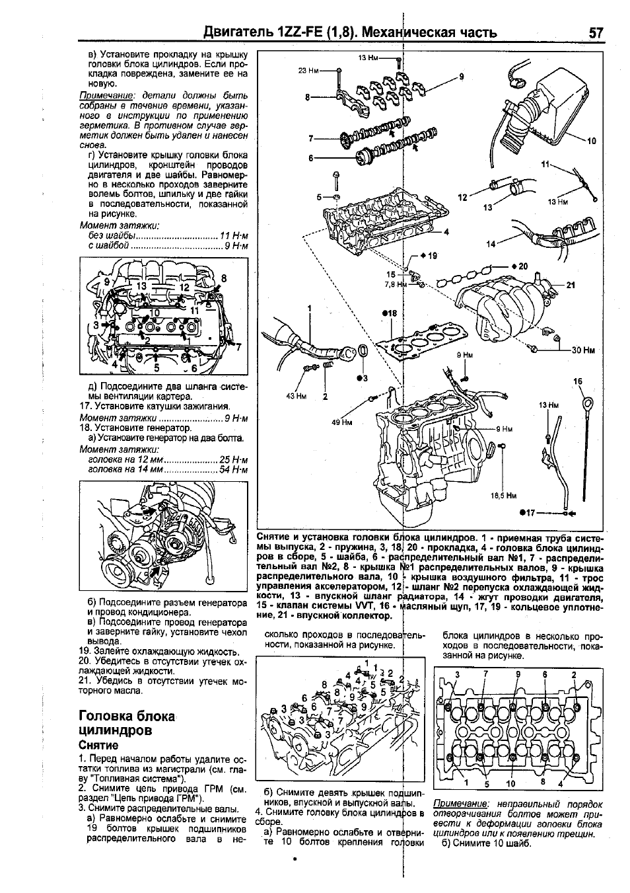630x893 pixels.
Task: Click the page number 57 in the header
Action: pyautogui.click(x=596, y=32)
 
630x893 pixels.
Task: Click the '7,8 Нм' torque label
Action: pyautogui.click(x=395, y=284)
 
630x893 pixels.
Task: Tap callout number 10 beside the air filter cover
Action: pyautogui.click(x=591, y=141)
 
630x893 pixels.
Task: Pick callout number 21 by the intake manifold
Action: pyautogui.click(x=571, y=285)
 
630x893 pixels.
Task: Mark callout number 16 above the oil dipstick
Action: pyautogui.click(x=578, y=381)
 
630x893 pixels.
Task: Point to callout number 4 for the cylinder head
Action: pyautogui.click(x=446, y=232)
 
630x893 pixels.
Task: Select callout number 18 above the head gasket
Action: pyautogui.click(x=388, y=313)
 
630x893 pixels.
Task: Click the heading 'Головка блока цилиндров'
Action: pyautogui.click(x=126, y=723)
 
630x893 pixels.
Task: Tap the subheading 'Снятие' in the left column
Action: pyautogui.click(x=98, y=745)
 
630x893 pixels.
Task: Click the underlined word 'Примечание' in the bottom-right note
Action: pyautogui.click(x=457, y=804)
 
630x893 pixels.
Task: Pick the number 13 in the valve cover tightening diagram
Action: pyautogui.click(x=141, y=286)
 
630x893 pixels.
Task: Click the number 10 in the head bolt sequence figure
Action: pyautogui.click(x=510, y=784)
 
